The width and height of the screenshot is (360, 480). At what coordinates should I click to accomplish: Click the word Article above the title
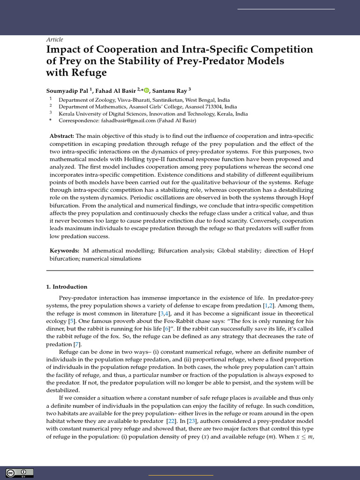coord(54,40)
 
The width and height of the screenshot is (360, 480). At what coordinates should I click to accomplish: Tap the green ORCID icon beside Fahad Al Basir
coord(146,90)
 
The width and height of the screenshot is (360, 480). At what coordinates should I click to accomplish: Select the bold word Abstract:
coord(62,136)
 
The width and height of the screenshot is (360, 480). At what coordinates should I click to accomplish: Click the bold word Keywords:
coord(64,251)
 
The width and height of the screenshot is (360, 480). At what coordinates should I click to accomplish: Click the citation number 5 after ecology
coord(71,321)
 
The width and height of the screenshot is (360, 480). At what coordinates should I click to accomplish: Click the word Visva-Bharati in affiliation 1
coord(122,100)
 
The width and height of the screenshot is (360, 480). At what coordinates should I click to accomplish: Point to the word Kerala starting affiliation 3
coord(66,113)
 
